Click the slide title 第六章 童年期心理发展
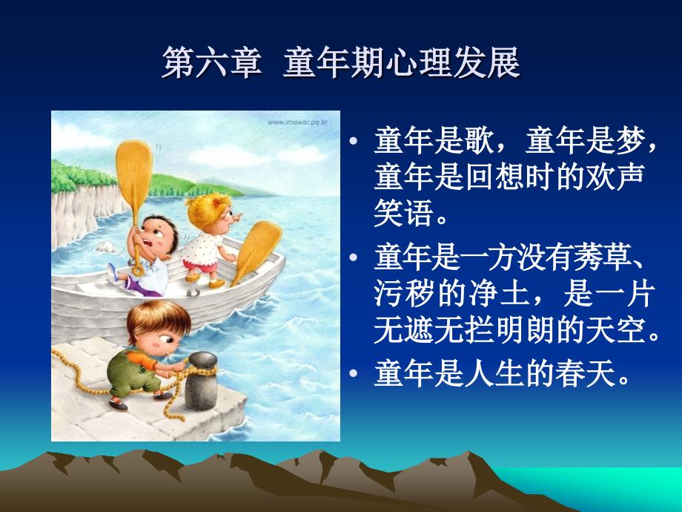coord(340,62)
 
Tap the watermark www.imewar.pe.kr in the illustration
coord(297,122)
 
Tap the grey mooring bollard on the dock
coord(202,380)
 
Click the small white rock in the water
coord(106,247)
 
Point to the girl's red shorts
coord(200,265)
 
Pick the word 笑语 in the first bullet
coord(403,213)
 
